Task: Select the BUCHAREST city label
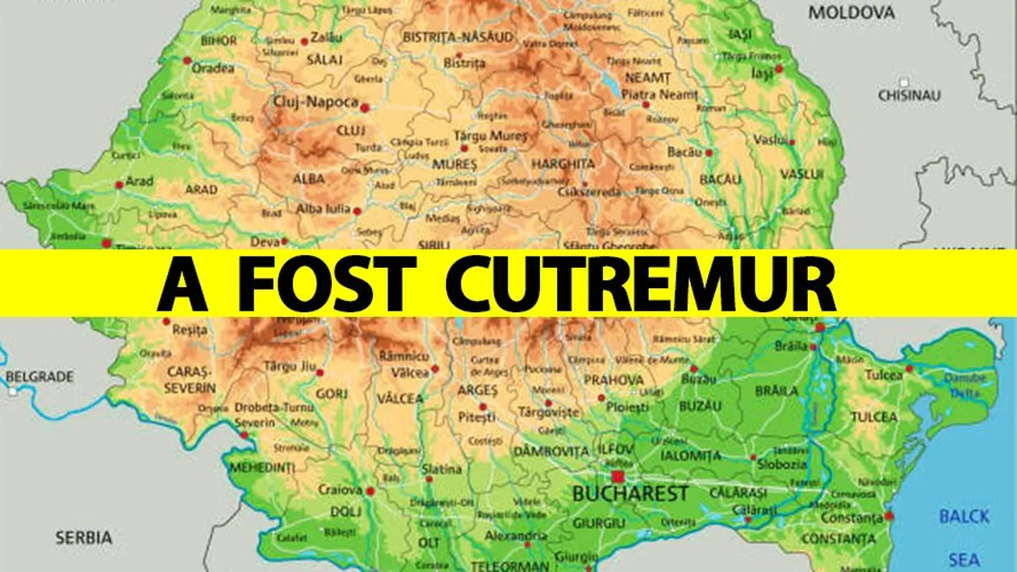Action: pos(630,494)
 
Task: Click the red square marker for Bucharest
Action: pos(618,476)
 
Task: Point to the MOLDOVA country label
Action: pos(852,13)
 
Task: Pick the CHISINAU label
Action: pos(910,95)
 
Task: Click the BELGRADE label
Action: pos(40,377)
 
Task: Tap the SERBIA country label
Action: pos(84,537)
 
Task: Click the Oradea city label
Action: pos(213,69)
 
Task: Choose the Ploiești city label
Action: pos(627,407)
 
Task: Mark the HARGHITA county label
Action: pos(563,164)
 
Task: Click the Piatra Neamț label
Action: pos(659,94)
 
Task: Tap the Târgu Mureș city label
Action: pos(490,136)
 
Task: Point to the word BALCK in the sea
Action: pos(964,516)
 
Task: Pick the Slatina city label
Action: pos(442,469)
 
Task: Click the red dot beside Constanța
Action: pos(889,516)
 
